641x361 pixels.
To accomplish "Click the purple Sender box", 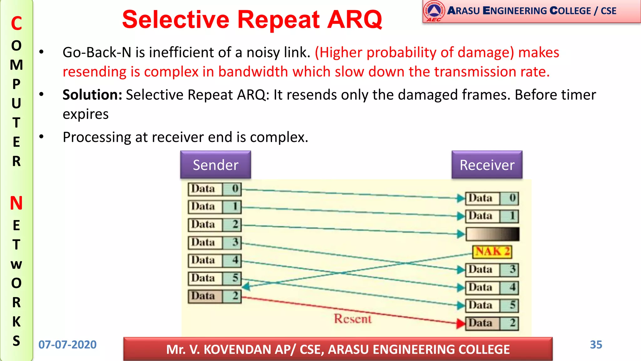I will pyautogui.click(x=215, y=165).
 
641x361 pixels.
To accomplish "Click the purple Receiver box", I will pyautogui.click(x=487, y=165).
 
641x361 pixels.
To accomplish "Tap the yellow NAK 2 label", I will pyautogui.click(x=492, y=252).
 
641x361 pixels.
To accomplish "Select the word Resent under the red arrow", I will pyautogui.click(x=352, y=319).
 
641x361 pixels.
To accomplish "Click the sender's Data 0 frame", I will pyautogui.click(x=215, y=189).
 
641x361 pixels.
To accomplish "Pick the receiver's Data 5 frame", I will pyautogui.click(x=492, y=306).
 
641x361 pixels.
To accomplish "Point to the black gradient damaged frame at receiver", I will pyautogui.click(x=492, y=234).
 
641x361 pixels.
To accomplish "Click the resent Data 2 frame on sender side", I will pyautogui.click(x=215, y=296).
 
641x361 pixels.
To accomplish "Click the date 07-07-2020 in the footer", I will pyautogui.click(x=67, y=345).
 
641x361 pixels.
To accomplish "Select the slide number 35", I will pyautogui.click(x=596, y=345).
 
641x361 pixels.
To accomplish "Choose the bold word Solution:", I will pyautogui.click(x=92, y=95).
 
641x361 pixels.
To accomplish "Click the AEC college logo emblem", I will pyautogui.click(x=434, y=11).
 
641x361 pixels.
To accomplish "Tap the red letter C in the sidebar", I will pyautogui.click(x=16, y=24).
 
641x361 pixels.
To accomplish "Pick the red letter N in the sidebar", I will pyautogui.click(x=16, y=203).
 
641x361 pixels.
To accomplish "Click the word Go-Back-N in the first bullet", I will pyautogui.click(x=97, y=52).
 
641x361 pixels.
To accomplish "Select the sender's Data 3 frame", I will pyautogui.click(x=215, y=243).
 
